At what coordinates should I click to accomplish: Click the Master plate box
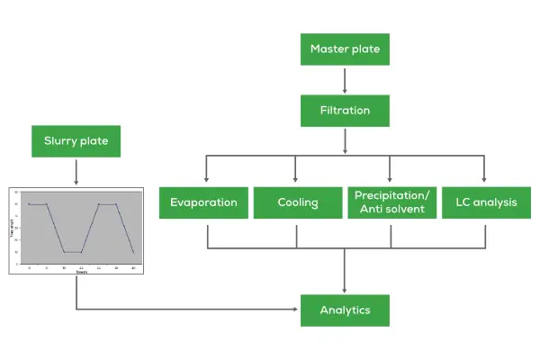coord(345,49)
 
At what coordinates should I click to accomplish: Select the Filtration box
coord(345,112)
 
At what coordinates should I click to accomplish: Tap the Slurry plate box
coord(76,141)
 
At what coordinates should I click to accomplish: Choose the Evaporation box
coord(203,202)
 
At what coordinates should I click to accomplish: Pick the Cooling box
coord(298,202)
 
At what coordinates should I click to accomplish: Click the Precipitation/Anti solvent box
coord(391,202)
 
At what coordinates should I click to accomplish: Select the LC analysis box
coord(485,202)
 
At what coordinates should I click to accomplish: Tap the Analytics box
coord(345,310)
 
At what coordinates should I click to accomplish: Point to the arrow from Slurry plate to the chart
coord(76,171)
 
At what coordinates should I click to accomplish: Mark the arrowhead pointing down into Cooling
coord(298,180)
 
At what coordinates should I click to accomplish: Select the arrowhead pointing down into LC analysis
coord(485,180)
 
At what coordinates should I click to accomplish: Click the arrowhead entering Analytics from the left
coord(294,310)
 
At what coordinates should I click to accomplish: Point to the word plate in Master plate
coord(365,49)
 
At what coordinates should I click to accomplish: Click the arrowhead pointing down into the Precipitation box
coord(391,180)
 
